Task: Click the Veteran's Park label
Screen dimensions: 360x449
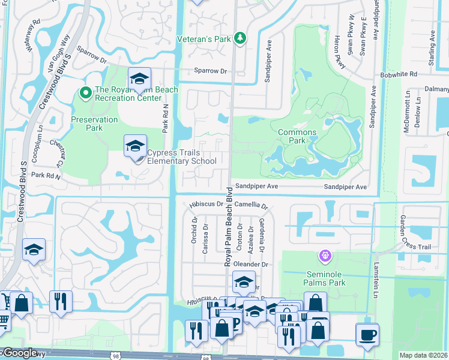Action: tap(203, 39)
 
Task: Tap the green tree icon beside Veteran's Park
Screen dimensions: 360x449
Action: tap(240, 38)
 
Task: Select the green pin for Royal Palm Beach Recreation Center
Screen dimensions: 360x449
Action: tap(85, 93)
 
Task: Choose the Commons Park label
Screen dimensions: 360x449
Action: tap(297, 136)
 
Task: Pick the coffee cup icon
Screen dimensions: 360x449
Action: tap(367, 335)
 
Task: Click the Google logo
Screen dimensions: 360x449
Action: tap(19, 353)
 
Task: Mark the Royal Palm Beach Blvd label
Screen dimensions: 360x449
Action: tap(229, 227)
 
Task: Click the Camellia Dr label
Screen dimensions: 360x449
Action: tap(251, 205)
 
